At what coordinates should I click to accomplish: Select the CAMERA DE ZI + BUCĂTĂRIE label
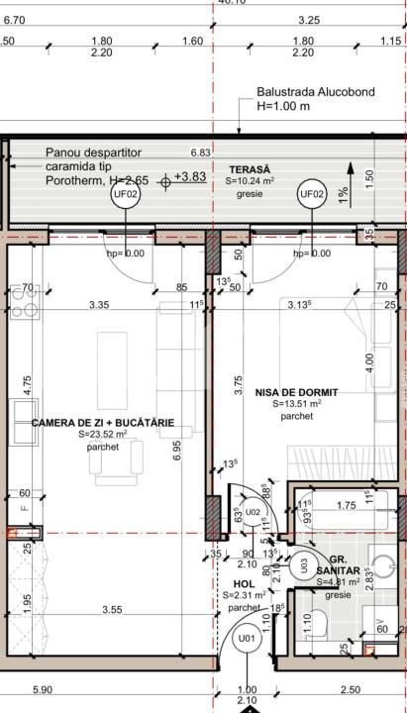click(103, 422)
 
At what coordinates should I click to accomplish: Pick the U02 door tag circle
click(253, 512)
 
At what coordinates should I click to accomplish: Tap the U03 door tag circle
click(304, 565)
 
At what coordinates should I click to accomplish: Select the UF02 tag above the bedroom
click(312, 194)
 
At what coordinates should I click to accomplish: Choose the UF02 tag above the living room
click(127, 195)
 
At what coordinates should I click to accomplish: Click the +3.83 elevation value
click(189, 176)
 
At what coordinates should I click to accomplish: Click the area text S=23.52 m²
click(103, 435)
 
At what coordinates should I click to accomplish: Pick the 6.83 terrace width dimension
click(202, 153)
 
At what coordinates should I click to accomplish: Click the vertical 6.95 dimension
click(177, 451)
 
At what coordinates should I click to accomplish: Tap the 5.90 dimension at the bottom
click(43, 689)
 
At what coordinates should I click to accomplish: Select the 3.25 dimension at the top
click(308, 20)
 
